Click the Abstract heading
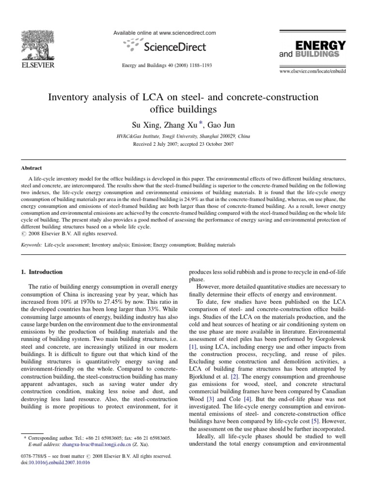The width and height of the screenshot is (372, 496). [31, 168]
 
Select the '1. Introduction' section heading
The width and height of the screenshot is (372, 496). [42, 272]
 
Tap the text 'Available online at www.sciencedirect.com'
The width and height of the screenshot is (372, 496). [164, 33]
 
